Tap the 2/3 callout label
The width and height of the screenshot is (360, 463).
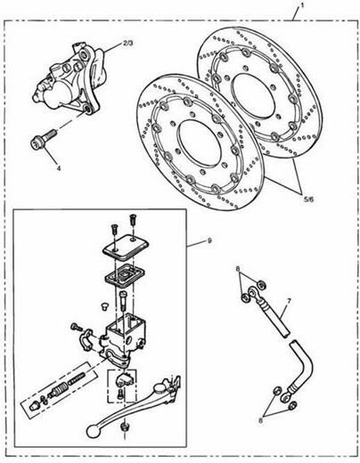(x=128, y=41)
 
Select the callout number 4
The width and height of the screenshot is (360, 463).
(x=59, y=167)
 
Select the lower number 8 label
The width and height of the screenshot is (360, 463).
(x=261, y=417)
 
